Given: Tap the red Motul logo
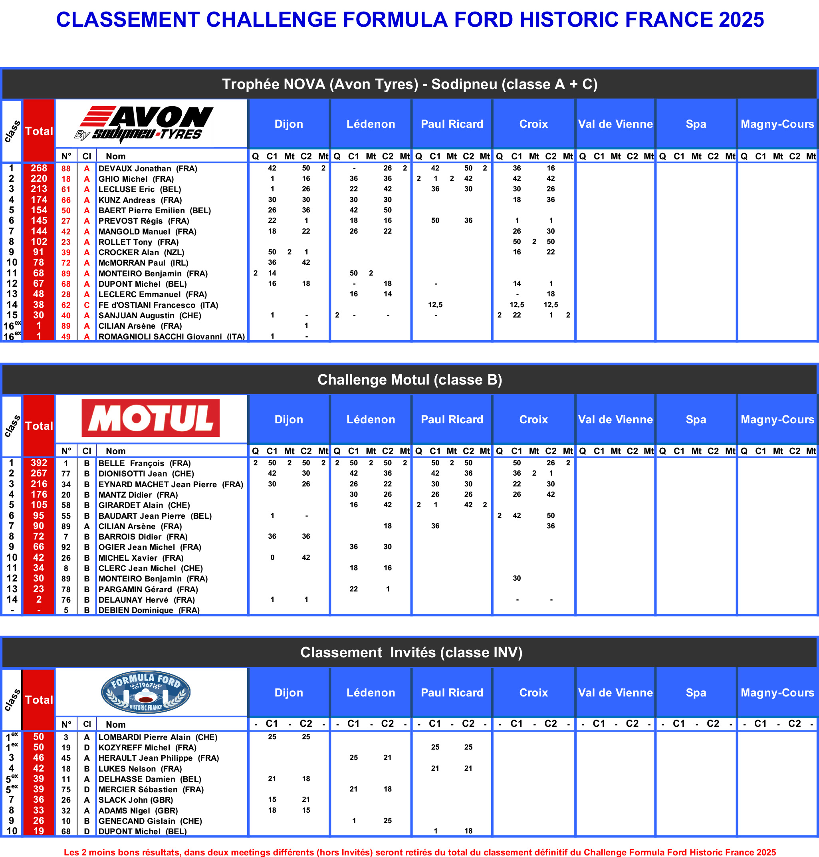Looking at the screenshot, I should point(151,418).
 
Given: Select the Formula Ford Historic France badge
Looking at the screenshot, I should point(146,692).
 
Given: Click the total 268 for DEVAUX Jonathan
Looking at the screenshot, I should point(39,169).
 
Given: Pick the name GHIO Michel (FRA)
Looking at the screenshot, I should point(136,179).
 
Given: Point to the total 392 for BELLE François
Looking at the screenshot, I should point(39,463).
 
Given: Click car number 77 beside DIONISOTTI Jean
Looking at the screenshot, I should point(66,474).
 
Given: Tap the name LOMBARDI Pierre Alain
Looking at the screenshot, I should point(158,737).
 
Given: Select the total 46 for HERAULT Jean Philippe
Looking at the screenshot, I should point(39,758).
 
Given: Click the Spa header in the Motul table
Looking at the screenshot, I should point(696,420).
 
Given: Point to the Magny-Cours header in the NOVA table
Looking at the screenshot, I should point(777,124).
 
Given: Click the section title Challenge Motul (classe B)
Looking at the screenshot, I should point(410,380).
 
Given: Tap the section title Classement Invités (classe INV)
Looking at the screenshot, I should point(411,652).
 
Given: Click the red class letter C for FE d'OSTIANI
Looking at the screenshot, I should point(87,305).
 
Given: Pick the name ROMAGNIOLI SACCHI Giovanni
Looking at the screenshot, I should point(171,337).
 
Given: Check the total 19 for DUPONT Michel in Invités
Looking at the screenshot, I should point(39,831).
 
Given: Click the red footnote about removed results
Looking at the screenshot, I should point(420,852).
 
